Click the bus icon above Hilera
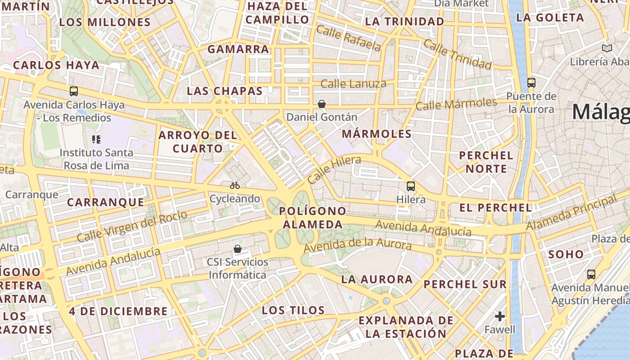(x=410, y=186)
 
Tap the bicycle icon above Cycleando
(x=234, y=185)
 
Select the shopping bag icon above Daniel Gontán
(x=322, y=104)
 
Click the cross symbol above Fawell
(x=500, y=316)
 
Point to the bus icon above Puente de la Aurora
(x=531, y=82)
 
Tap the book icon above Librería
(x=607, y=48)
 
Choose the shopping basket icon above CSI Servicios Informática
(x=238, y=248)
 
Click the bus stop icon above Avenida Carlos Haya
(x=74, y=91)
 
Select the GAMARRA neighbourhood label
(x=238, y=49)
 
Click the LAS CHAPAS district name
(x=225, y=91)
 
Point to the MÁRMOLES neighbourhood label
(x=377, y=134)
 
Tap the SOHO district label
(x=566, y=254)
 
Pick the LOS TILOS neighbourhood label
(x=293, y=310)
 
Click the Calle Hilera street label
(x=334, y=169)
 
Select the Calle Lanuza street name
(x=353, y=84)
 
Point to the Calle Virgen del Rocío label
(x=131, y=226)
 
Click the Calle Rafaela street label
(x=348, y=38)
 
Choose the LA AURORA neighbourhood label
(x=377, y=279)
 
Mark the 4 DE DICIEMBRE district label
(x=118, y=311)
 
